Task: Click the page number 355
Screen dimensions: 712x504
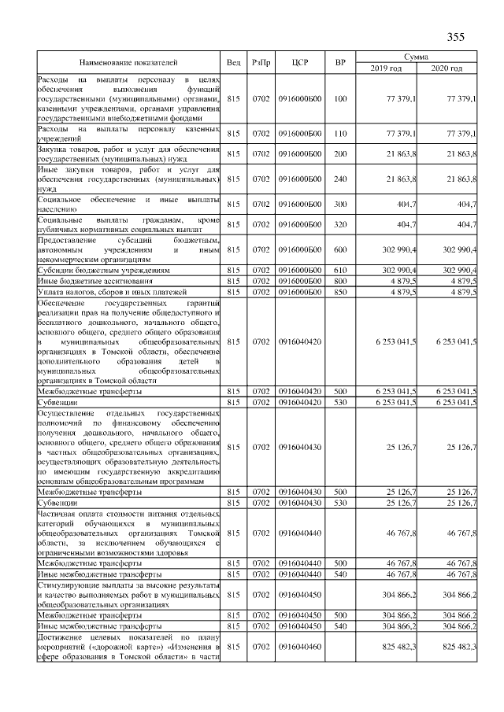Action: coord(455,37)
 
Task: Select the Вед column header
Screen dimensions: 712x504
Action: coord(233,62)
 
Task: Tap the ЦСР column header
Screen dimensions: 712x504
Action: coord(298,62)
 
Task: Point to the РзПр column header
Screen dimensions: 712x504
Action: coord(261,62)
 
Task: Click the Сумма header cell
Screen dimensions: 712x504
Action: coord(416,57)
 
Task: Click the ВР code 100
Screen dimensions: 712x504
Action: coord(340,99)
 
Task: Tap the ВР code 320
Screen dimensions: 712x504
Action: coord(340,224)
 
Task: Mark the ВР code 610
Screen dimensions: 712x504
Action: coord(340,269)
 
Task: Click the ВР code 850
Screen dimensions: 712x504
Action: coord(340,292)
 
